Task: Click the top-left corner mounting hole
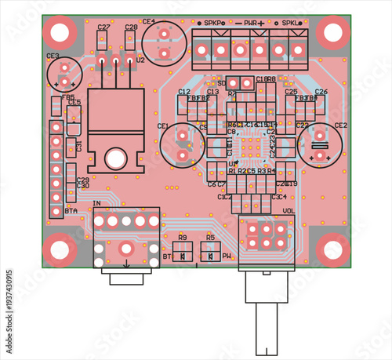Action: [x=60, y=33]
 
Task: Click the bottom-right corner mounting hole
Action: [x=332, y=249]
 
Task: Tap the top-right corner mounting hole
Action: [x=332, y=33]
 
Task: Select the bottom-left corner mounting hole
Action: [x=60, y=249]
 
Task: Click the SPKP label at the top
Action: [x=213, y=24]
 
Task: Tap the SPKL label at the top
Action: [x=291, y=24]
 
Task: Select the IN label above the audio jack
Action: [x=96, y=204]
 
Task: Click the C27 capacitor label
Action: [x=103, y=27]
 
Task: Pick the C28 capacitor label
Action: [x=131, y=27]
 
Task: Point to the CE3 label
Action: [x=53, y=56]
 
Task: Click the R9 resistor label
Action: [x=182, y=237]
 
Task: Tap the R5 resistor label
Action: [x=210, y=237]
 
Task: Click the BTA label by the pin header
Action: [x=71, y=212]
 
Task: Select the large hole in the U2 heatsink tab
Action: [x=116, y=158]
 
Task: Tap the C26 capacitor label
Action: [x=321, y=92]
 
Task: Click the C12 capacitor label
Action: [x=184, y=92]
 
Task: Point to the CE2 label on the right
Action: [x=340, y=125]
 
